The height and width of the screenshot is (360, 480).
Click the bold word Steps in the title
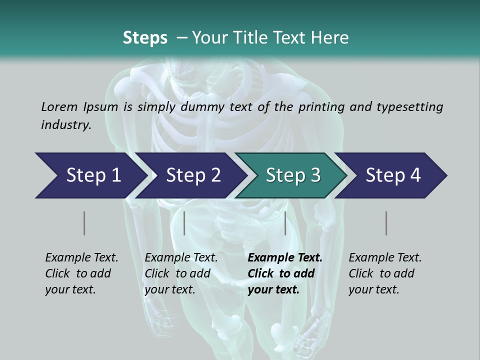(145, 37)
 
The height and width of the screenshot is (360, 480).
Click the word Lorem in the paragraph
(59, 106)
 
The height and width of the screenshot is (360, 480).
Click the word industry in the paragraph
(66, 124)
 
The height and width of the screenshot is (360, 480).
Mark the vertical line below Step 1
(84, 223)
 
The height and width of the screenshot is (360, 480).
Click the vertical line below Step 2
(184, 223)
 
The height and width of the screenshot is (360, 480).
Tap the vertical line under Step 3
(285, 223)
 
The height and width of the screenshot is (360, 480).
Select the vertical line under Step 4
(386, 223)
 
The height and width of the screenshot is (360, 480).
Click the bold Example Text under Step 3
(285, 257)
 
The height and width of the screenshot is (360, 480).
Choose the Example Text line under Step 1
(81, 257)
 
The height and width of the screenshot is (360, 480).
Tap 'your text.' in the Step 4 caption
(373, 289)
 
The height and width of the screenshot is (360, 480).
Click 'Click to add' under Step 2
(177, 273)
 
